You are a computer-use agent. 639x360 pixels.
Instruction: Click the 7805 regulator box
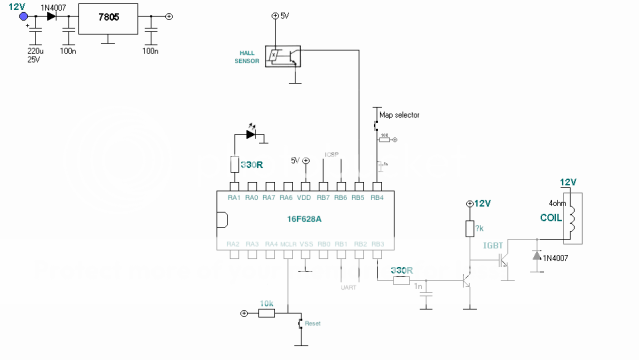(108, 20)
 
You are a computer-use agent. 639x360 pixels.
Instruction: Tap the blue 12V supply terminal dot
(23, 16)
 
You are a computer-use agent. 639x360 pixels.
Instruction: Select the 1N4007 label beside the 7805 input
(54, 6)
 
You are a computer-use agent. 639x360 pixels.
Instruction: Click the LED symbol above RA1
(251, 133)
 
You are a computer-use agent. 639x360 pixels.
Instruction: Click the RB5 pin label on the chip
(360, 197)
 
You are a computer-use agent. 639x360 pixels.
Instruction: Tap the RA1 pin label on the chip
(233, 197)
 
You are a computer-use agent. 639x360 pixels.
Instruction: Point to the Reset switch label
(312, 323)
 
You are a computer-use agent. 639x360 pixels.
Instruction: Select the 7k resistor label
(479, 229)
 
